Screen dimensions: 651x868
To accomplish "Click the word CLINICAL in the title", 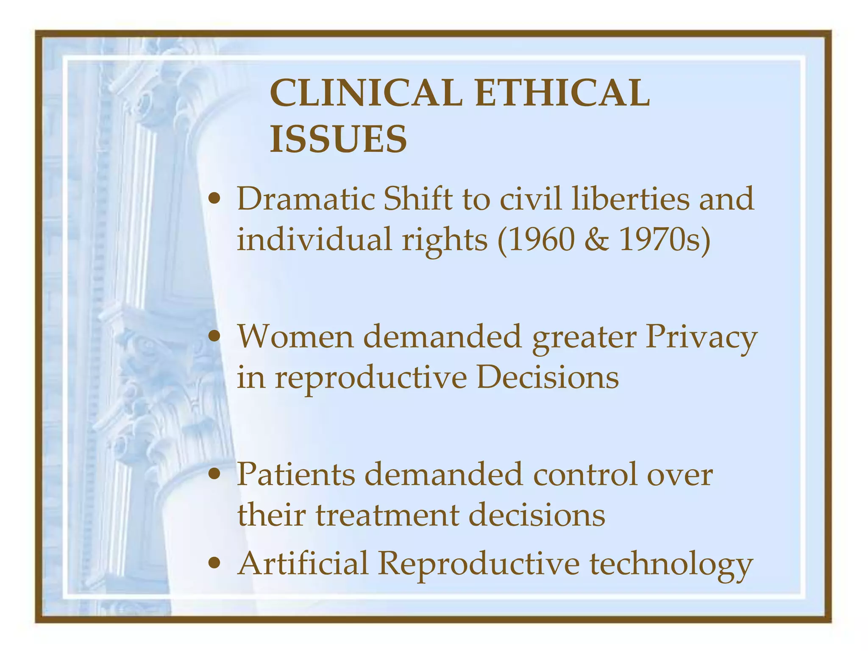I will click(365, 93).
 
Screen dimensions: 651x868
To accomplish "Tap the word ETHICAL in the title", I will click(562, 93).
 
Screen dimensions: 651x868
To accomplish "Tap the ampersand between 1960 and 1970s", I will click(597, 240).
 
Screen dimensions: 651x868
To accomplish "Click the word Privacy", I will click(701, 337).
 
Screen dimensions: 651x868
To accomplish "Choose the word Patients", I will click(295, 474).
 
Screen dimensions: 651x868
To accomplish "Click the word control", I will click(585, 474).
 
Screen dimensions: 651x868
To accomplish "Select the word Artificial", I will click(303, 563).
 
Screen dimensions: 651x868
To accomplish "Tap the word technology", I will click(671, 564).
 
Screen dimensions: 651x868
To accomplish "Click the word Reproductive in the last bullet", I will click(479, 564).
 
